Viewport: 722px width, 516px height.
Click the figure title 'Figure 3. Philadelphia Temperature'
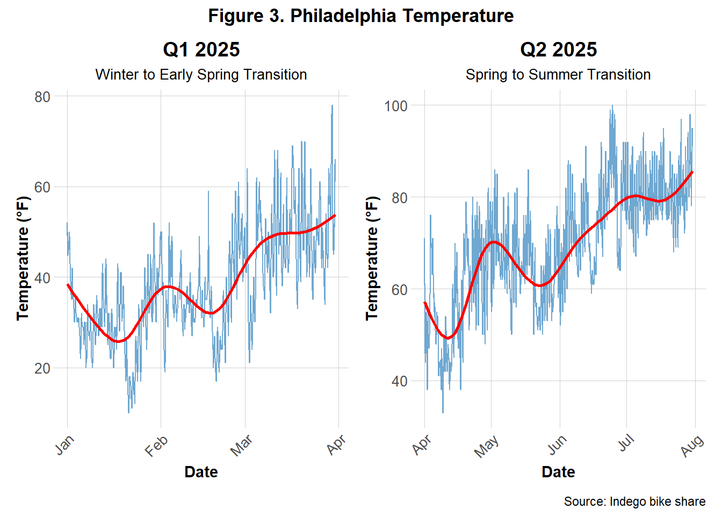click(360, 16)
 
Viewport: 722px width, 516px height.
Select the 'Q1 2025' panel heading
click(201, 49)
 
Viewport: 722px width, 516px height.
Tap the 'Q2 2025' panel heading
click(558, 49)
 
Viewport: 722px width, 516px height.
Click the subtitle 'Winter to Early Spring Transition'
click(201, 74)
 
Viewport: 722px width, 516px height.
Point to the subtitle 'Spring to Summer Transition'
click(558, 74)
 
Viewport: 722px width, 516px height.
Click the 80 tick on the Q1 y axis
click(42, 97)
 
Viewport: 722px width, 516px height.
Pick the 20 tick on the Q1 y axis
click(42, 368)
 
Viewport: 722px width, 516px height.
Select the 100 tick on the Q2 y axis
click(395, 106)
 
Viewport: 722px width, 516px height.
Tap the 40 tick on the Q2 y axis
click(399, 381)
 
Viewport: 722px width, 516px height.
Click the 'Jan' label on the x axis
click(64, 445)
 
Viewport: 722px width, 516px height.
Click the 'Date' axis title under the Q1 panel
click(201, 472)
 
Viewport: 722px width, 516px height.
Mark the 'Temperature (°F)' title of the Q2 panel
click(372, 258)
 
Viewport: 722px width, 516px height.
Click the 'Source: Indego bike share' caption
click(634, 501)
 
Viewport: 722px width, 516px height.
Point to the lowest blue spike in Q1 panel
click(129, 412)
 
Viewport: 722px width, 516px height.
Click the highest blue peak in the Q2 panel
click(612, 106)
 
